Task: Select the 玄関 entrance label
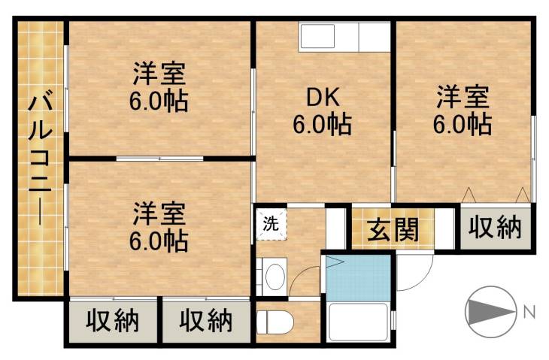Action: coord(393,230)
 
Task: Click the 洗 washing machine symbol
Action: coord(270,222)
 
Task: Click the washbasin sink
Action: coord(274,274)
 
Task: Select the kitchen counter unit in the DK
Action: coord(344,37)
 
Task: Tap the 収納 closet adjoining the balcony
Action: coord(113,321)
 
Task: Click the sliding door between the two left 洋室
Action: coord(159,158)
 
